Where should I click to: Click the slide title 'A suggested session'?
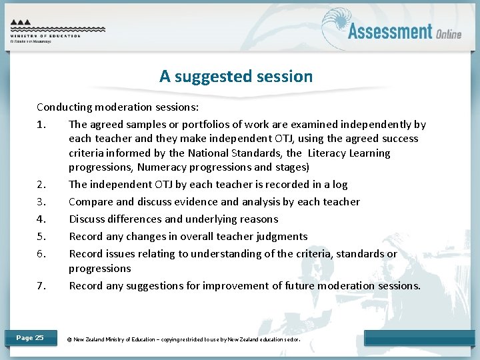[x=236, y=77]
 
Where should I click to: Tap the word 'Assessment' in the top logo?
[x=390, y=31]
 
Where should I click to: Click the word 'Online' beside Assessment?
[x=449, y=33]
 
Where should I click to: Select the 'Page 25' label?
[x=31, y=338]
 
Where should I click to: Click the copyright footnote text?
[x=184, y=339]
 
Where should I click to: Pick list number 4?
[x=41, y=219]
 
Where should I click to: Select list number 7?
[x=41, y=285]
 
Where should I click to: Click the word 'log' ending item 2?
[x=340, y=184]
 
